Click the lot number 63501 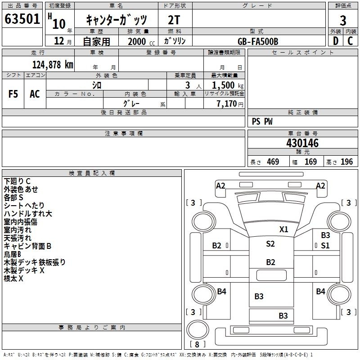22,19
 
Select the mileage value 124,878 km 53,65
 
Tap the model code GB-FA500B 258,41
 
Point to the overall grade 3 343,21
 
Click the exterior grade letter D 336,41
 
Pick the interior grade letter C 350,41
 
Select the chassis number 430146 302,143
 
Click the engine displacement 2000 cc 141,41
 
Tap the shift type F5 13,94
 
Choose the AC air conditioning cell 35,94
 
